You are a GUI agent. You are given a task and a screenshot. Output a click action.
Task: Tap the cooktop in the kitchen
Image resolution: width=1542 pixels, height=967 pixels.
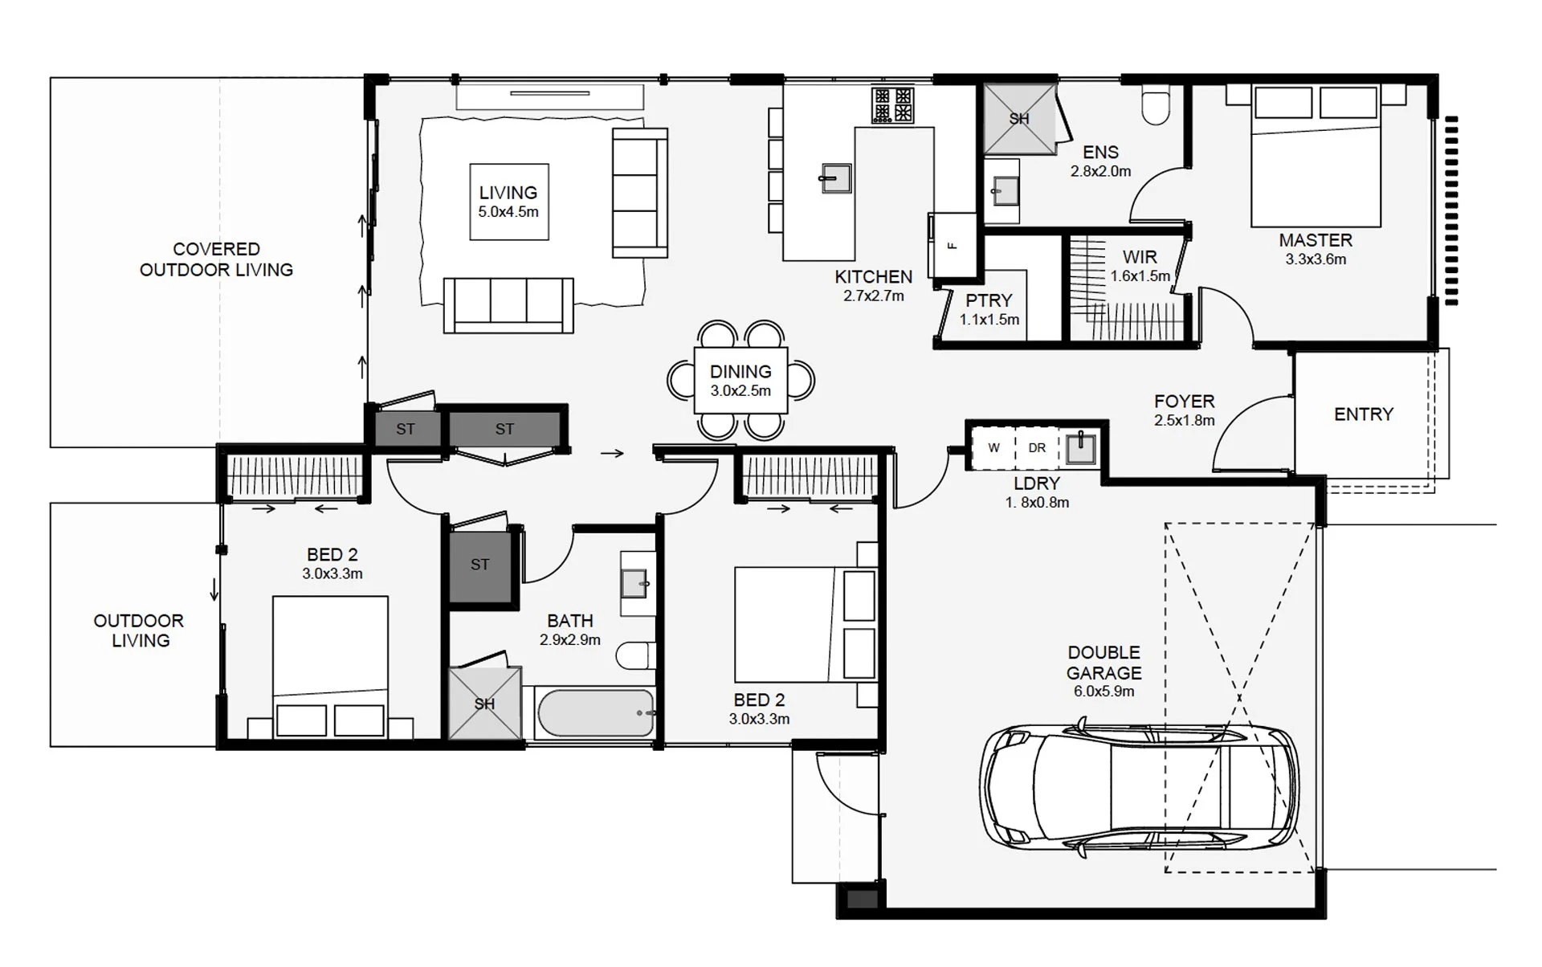893,105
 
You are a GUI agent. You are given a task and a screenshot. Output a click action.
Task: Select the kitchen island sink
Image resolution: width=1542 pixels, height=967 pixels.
835,178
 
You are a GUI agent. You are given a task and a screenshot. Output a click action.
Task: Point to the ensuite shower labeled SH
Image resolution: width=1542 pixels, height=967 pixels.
1019,119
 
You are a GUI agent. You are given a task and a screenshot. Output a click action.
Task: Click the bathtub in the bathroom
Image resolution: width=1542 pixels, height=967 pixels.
596,713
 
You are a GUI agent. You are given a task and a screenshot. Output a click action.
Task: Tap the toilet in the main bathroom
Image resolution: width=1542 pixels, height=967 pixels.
637,655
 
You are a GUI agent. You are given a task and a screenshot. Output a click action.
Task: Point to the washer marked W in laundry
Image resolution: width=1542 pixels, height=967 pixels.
993,448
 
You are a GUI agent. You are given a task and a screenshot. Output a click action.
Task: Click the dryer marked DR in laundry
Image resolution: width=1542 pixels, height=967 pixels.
1037,448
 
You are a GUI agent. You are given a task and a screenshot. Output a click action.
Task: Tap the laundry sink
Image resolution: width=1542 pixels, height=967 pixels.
1081,448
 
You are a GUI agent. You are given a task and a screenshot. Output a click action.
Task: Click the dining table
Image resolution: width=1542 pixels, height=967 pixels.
740,381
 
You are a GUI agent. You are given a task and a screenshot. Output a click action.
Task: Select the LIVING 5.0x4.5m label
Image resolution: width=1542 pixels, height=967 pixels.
508,202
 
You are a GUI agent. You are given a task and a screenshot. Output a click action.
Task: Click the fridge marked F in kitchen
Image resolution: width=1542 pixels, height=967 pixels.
953,245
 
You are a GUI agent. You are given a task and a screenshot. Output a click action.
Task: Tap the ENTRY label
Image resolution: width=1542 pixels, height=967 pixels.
1363,414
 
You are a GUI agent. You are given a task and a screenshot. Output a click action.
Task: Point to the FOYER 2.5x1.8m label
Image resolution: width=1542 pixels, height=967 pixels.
1184,409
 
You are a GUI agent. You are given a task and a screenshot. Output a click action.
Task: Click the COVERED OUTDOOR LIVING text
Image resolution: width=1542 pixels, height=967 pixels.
216,259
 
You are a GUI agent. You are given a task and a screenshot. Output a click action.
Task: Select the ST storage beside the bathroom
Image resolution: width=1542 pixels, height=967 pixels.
479,565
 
